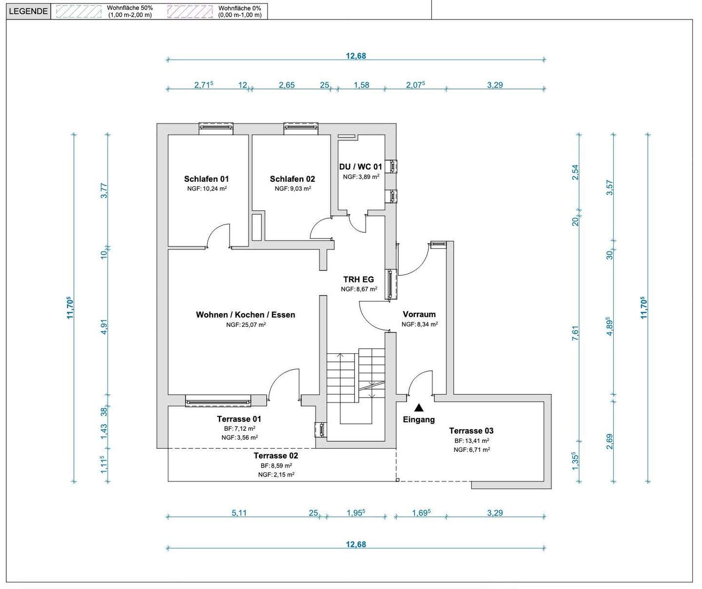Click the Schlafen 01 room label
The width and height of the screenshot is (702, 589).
206,179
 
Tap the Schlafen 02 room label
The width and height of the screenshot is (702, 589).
292,179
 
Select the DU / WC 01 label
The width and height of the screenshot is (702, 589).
360,167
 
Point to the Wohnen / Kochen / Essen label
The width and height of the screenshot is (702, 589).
245,315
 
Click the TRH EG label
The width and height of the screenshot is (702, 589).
358,279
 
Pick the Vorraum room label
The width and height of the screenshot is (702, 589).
419,314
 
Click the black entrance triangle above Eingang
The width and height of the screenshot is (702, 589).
419,408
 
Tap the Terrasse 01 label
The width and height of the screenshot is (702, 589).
239,419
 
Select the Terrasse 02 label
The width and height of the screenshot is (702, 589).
276,456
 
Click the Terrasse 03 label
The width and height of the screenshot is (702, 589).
471,430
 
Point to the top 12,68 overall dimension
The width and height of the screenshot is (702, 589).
356,56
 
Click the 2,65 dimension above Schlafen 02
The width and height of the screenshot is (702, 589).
287,85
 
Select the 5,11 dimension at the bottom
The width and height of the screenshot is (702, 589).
239,513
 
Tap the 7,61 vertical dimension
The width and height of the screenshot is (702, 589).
575,333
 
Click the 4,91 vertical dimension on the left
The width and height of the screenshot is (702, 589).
104,326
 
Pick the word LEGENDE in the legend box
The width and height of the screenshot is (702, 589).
28,11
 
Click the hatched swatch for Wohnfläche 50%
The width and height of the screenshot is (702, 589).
78,11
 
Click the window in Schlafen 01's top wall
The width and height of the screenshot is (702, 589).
215,127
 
